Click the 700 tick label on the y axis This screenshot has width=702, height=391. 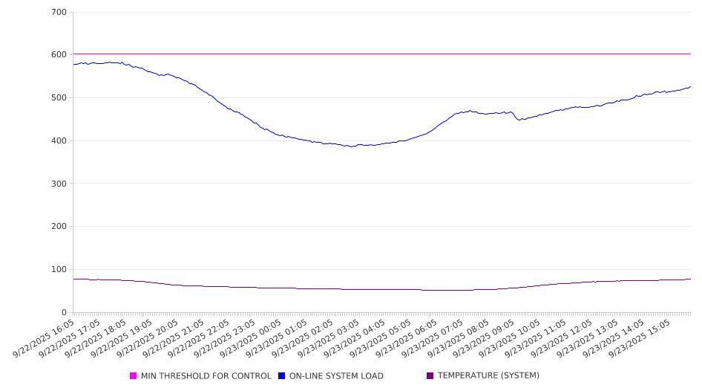[59, 13]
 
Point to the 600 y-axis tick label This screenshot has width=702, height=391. [59, 55]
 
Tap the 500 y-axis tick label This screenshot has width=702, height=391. [59, 98]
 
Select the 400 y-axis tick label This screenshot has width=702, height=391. [59, 141]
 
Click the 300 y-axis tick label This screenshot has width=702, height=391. [59, 184]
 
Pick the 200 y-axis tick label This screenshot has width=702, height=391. [59, 227]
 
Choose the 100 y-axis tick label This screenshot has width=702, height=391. [59, 270]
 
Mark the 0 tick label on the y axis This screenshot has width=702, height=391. [64, 313]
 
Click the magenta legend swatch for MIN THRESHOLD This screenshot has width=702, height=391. [134, 376]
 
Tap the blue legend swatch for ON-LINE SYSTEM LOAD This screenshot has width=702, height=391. [282, 376]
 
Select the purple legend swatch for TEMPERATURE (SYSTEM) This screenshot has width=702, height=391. [430, 376]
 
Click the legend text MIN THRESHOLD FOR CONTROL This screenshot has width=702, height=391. [206, 376]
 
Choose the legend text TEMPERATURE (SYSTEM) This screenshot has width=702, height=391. [488, 376]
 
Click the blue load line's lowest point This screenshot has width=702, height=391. [351, 146]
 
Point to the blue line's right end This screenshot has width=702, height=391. [690, 86]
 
